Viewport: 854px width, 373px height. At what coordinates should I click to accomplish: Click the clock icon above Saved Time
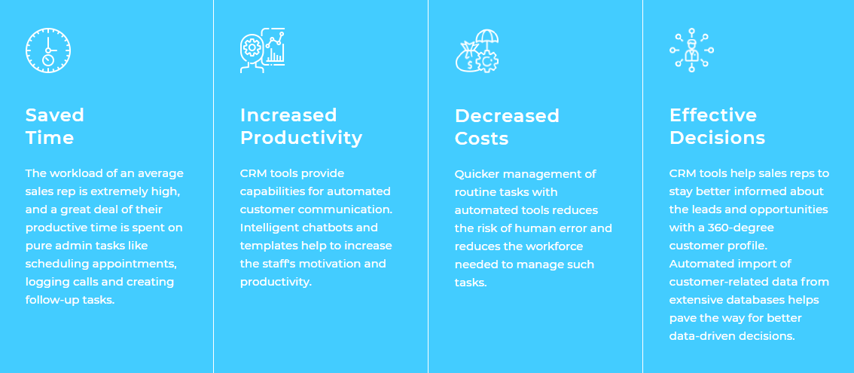tap(48, 50)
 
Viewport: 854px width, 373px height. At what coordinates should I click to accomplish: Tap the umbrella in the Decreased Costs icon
tap(487, 38)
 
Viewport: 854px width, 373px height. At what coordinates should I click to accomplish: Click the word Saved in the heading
tap(54, 115)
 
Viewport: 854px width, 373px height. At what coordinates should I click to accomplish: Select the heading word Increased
tap(288, 115)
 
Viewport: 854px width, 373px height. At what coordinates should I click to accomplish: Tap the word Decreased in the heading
tap(507, 115)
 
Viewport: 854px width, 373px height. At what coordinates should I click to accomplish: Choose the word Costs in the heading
tap(481, 139)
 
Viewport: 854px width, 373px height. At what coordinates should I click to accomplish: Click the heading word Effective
tap(713, 115)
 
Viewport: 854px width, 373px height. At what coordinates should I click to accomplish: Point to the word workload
tap(73, 173)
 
